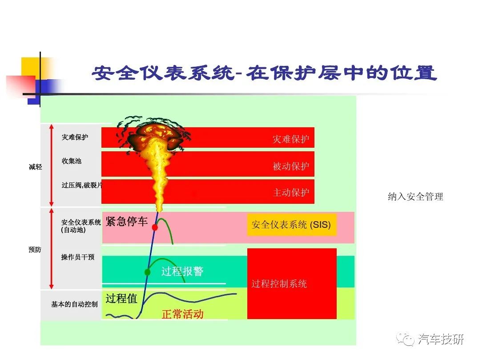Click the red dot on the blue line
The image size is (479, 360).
(155, 227)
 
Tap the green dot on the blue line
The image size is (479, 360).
(148, 272)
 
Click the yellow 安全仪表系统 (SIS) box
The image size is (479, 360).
(291, 225)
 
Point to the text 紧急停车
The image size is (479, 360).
(126, 221)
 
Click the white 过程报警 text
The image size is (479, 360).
(182, 271)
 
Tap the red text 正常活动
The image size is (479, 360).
(183, 314)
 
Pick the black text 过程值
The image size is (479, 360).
(121, 298)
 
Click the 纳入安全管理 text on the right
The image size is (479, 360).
(415, 197)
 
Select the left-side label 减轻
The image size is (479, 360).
(36, 167)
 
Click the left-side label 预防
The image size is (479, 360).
(35, 250)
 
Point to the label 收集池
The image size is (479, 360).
(72, 161)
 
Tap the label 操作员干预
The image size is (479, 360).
(78, 257)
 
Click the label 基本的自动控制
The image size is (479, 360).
(75, 304)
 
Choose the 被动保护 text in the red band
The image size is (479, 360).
(291, 166)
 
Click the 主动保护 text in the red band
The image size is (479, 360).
(291, 192)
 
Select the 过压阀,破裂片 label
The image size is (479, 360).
(82, 185)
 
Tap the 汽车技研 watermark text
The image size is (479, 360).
(441, 339)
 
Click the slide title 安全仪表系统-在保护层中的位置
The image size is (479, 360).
(265, 73)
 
